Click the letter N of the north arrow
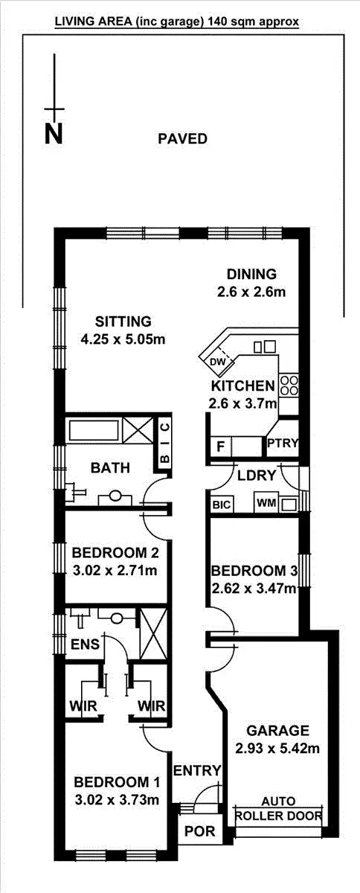53,133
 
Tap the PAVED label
182,138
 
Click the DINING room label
251,273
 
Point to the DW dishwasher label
217,362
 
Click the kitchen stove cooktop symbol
289,385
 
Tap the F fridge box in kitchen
220,446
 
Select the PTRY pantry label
283,444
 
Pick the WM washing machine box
266,504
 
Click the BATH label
111,468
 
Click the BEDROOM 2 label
115,553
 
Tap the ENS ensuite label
85,644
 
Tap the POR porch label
199,831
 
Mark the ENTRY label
196,770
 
